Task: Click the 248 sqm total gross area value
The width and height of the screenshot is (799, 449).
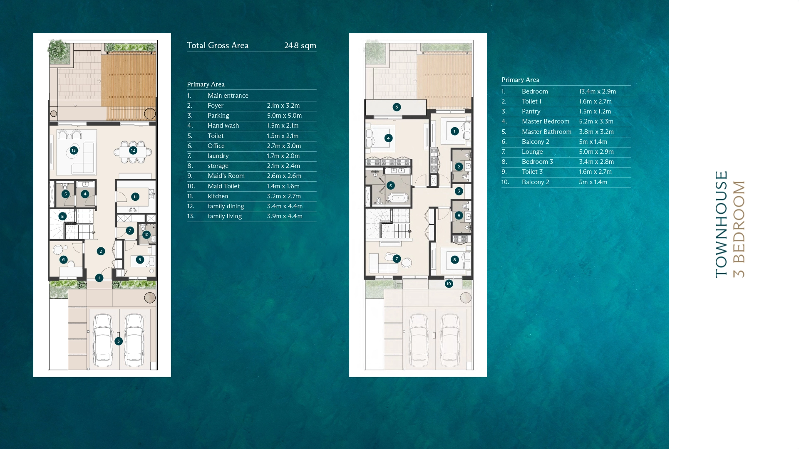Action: click(x=300, y=45)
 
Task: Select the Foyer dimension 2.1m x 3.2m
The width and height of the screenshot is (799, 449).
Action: click(x=283, y=106)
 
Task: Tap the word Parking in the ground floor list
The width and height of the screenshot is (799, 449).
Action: click(x=218, y=116)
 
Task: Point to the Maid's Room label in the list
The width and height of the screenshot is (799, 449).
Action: click(x=226, y=176)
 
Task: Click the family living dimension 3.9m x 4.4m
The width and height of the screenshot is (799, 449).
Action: click(x=285, y=216)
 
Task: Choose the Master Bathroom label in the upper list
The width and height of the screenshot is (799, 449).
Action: click(x=546, y=132)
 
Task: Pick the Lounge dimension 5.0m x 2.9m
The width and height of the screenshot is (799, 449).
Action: click(x=596, y=152)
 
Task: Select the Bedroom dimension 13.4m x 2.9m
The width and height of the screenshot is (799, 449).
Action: click(x=597, y=91)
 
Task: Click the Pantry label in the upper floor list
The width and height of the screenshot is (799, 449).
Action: click(x=531, y=111)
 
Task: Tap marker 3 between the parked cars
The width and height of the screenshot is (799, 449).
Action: click(x=119, y=341)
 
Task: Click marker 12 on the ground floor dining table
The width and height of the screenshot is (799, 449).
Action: click(x=133, y=150)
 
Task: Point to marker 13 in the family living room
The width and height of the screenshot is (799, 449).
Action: click(x=74, y=150)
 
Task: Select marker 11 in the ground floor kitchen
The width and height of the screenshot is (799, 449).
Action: click(x=135, y=197)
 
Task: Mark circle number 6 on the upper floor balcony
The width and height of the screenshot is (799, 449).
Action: click(x=397, y=107)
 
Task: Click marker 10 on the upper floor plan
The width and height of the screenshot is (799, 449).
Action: click(x=449, y=284)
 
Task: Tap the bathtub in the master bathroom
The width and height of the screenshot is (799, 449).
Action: click(x=399, y=198)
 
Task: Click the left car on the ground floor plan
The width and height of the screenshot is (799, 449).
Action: click(x=103, y=340)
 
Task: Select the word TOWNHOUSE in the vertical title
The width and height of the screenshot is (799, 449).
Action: click(x=721, y=224)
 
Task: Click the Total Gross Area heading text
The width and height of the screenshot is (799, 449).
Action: click(x=218, y=45)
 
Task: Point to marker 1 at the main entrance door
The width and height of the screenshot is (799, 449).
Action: click(x=99, y=278)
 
